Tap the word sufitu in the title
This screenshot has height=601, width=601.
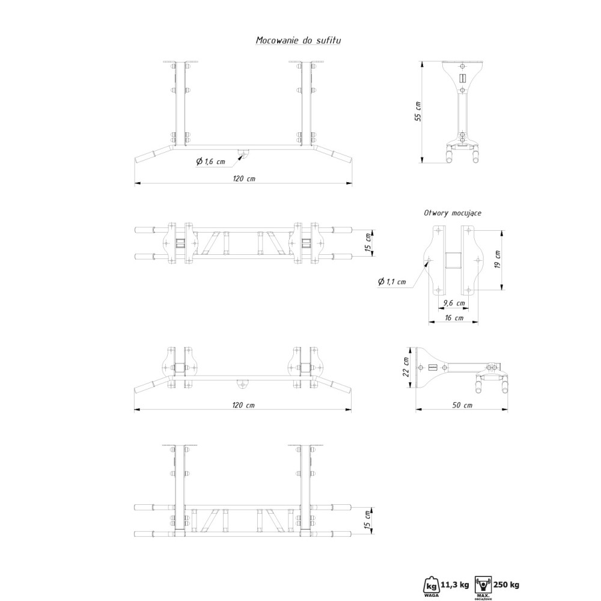click(329, 40)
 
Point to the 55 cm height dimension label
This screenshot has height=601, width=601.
click(418, 112)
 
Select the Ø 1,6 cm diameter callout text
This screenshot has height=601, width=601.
click(210, 161)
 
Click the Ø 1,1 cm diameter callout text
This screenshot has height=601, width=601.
click(392, 282)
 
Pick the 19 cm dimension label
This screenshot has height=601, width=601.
click(497, 259)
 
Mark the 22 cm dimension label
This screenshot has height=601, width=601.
click(407, 366)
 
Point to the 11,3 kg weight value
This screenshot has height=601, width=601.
click(455, 583)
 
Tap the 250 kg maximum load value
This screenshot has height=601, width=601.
click(506, 583)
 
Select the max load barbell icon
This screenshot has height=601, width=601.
click(483, 582)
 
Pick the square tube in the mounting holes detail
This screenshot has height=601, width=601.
click(452, 260)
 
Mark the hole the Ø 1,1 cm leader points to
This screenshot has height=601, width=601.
click(429, 260)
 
